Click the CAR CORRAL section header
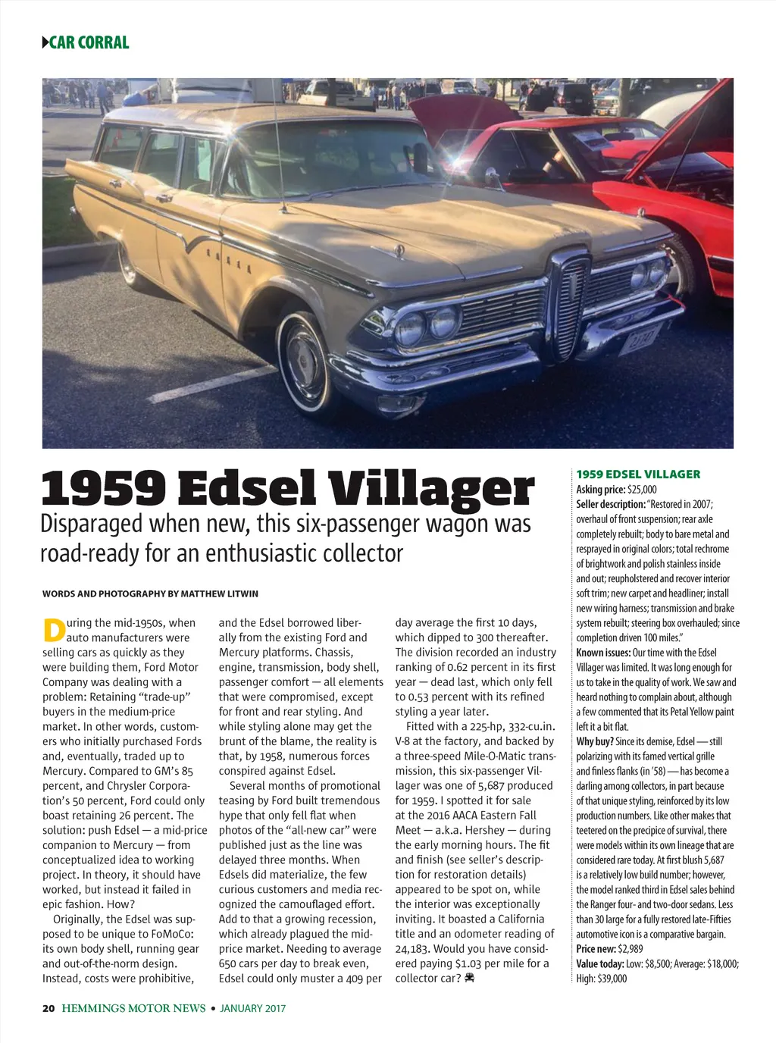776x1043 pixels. [89, 42]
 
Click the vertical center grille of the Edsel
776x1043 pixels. [571, 300]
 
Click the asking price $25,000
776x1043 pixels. [642, 490]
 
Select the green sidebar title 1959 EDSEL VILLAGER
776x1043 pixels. [638, 475]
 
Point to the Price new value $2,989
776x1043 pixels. [630, 949]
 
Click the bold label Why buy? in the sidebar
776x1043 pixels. [594, 741]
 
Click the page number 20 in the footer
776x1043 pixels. [48, 1008]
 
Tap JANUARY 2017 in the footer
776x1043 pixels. [252, 1008]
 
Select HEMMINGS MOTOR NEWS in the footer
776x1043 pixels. [133, 1008]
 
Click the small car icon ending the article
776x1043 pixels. [470, 979]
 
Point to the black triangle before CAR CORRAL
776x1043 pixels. [45, 42]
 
